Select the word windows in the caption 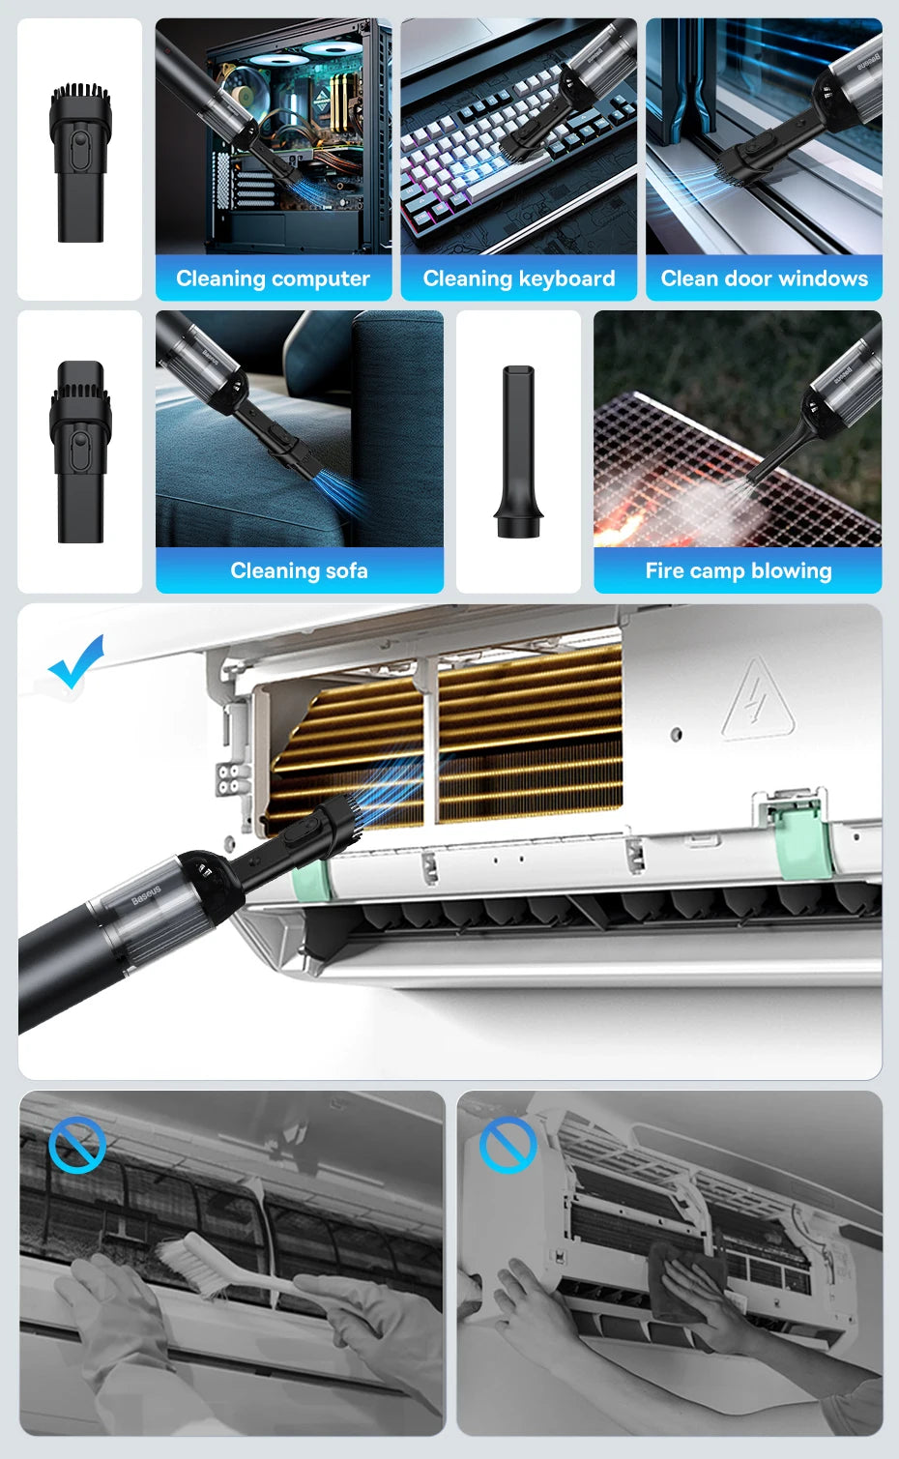(x=823, y=279)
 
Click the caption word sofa (x=346, y=571)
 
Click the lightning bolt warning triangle (x=757, y=702)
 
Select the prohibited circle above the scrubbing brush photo (x=77, y=1145)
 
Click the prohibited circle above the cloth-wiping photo (x=507, y=1145)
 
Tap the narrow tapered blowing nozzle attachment (x=518, y=451)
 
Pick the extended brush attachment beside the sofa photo (x=80, y=451)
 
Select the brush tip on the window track (x=740, y=165)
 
